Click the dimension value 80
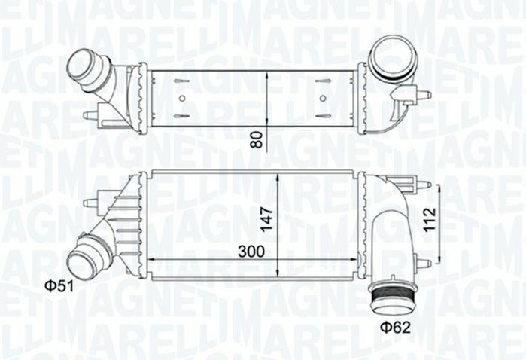257,139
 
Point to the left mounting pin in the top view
90,115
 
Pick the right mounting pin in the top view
423,95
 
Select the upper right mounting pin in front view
423,184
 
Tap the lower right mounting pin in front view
423,262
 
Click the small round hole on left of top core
181,98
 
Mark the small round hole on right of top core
322,98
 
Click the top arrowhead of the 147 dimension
278,175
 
